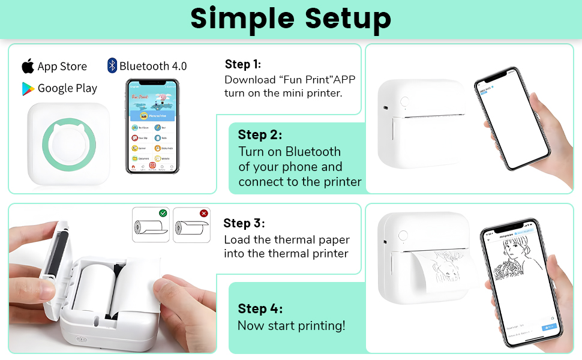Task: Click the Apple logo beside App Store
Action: click(x=28, y=65)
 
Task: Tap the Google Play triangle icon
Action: click(x=28, y=89)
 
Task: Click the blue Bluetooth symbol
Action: click(x=112, y=65)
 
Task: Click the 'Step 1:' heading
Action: click(x=242, y=64)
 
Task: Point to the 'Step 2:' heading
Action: click(x=260, y=134)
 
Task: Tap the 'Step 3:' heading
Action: click(x=244, y=223)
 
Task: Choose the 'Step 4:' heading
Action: click(x=260, y=308)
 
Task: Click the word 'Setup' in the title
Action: click(x=348, y=19)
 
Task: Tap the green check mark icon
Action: click(x=163, y=213)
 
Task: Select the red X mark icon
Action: click(x=203, y=213)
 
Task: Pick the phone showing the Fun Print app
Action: click(x=152, y=126)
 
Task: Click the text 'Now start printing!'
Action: click(x=292, y=326)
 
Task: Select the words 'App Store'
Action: click(x=62, y=66)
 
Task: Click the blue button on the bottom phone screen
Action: click(x=548, y=327)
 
